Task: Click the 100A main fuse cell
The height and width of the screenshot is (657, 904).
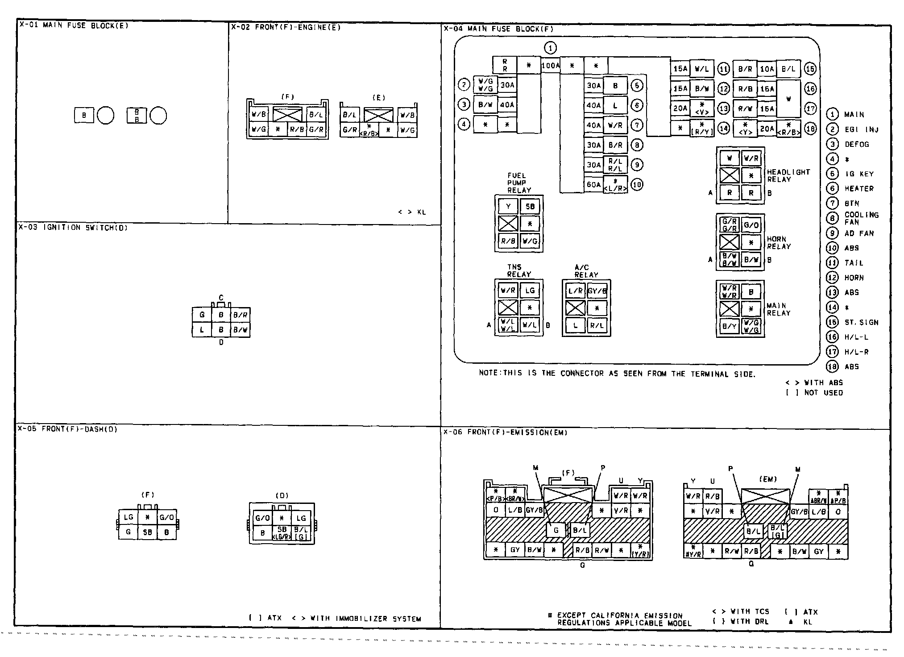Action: click(550, 66)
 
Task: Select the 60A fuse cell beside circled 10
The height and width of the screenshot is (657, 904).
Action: click(593, 184)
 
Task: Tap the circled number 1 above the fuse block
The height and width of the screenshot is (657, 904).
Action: click(551, 48)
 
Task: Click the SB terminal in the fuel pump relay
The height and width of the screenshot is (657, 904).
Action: click(530, 207)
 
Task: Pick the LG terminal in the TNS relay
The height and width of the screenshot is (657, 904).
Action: click(530, 291)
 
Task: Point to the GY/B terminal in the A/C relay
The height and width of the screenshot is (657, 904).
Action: click(597, 291)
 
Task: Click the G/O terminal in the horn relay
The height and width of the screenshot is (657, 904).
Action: click(751, 225)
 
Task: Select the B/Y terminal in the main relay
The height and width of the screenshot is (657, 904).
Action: click(729, 326)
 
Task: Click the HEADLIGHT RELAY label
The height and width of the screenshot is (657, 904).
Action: click(788, 176)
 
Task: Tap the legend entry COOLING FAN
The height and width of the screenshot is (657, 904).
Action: click(861, 218)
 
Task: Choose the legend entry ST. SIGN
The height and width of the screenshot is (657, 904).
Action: click(861, 322)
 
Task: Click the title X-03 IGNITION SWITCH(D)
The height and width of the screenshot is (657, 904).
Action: click(73, 228)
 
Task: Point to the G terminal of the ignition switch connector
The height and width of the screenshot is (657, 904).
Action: click(202, 315)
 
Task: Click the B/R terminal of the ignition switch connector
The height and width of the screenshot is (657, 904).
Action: click(240, 315)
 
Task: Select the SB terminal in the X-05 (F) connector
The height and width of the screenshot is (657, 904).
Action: click(147, 532)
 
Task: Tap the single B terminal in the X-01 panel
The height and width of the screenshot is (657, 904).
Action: click(84, 116)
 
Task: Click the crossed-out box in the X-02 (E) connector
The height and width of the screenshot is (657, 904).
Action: click(378, 115)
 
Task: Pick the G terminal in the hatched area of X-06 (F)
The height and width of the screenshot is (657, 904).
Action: click(556, 530)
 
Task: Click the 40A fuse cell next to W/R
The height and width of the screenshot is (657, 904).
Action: click(593, 125)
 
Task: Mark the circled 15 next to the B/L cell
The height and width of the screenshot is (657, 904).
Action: click(810, 69)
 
